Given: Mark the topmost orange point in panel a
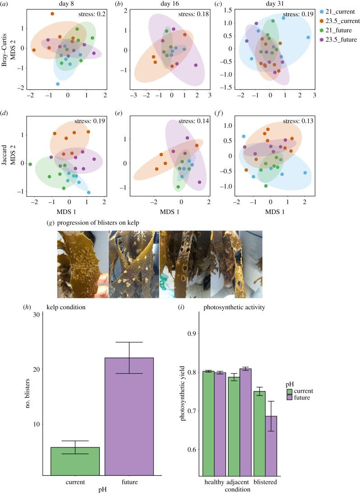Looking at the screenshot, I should point(52,14).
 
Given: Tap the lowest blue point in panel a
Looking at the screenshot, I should point(58,84).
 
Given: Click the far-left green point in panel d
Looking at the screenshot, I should point(30,164).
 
